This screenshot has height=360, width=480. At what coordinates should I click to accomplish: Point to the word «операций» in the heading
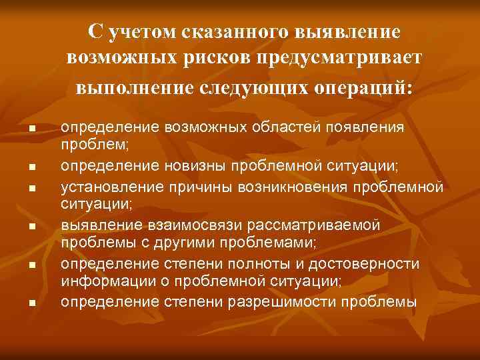(362, 87)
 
